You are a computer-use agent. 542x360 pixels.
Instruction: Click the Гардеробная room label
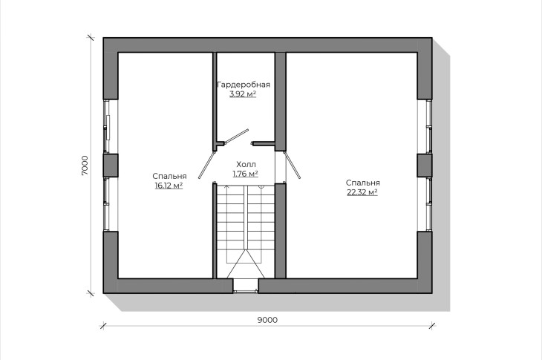[244, 85]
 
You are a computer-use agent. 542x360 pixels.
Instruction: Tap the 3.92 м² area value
[243, 94]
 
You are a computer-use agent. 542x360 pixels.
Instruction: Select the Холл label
[246, 165]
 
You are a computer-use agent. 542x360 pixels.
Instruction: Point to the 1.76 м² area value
[246, 174]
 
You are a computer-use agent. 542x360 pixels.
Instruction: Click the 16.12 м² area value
[169, 186]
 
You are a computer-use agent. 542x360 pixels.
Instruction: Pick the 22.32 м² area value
[362, 192]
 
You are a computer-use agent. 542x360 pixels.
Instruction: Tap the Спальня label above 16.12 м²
[169, 176]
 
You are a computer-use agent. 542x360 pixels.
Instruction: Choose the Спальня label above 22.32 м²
[363, 183]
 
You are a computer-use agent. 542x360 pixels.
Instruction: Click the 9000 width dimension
[267, 320]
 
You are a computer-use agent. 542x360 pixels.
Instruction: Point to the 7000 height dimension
[85, 165]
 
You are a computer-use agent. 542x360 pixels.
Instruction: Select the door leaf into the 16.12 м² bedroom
[206, 165]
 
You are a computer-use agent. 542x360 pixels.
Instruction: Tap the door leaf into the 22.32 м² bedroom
[292, 165]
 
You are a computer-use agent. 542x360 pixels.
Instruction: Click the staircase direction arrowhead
[226, 186]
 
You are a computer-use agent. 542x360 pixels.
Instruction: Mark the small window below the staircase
[246, 286]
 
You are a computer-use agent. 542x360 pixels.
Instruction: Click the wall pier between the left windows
[111, 165]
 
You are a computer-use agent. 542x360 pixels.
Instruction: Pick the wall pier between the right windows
[425, 165]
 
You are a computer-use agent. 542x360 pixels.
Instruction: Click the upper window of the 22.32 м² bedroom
[425, 126]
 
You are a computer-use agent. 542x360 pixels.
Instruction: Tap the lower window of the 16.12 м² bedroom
[110, 204]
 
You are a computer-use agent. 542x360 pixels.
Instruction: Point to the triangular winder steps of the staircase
[246, 264]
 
